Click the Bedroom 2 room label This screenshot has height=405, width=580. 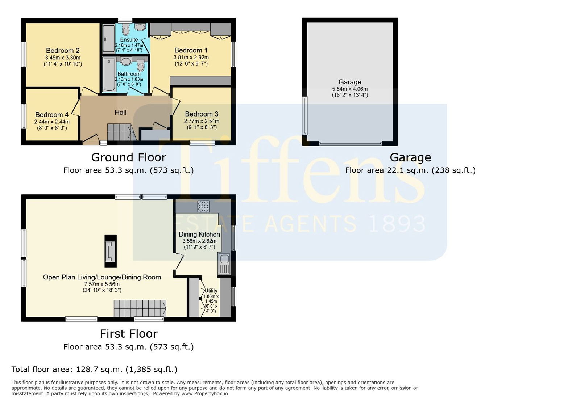click(x=63, y=51)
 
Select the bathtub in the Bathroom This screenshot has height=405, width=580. click(x=109, y=75)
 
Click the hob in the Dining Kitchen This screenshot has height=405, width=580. click(x=203, y=207)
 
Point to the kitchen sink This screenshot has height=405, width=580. click(x=224, y=263)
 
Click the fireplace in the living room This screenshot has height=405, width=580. click(x=111, y=251)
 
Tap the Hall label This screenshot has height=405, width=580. click(x=121, y=113)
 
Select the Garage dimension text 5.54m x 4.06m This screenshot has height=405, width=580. click(x=350, y=89)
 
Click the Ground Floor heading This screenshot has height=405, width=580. click(x=129, y=157)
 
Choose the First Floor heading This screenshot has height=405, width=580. click(x=129, y=334)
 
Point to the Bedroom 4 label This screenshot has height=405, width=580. click(x=52, y=115)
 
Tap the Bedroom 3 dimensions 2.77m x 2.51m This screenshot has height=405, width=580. click(x=202, y=121)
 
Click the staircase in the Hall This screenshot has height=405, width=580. click(x=122, y=132)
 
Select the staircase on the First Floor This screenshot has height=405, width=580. click(x=140, y=308)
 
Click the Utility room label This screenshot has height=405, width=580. click(x=211, y=291)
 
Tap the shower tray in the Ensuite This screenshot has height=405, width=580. click(x=108, y=38)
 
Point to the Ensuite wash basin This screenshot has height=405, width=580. click(x=140, y=27)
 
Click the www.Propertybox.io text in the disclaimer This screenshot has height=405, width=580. click(x=204, y=394)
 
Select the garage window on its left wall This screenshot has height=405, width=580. click(x=305, y=115)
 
